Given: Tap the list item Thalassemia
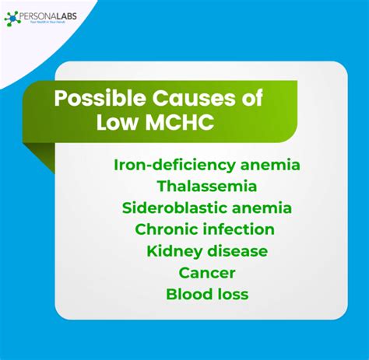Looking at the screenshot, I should [206, 187].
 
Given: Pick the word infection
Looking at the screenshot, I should [241, 229].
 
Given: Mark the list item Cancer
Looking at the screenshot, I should [206, 273].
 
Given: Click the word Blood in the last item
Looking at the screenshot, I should [188, 295].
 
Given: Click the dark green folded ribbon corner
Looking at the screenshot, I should [38, 156].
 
